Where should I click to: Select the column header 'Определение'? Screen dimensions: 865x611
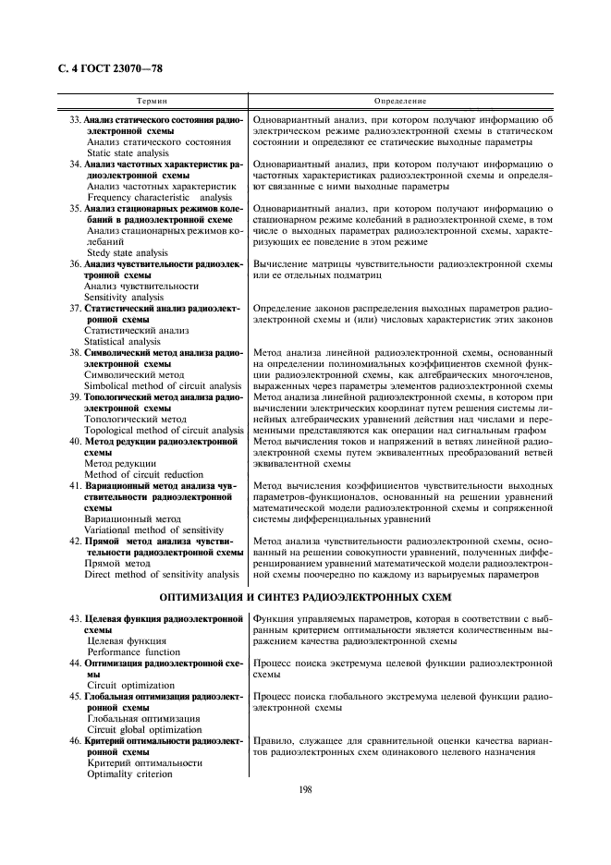399,99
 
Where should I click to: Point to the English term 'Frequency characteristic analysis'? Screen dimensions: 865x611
160,197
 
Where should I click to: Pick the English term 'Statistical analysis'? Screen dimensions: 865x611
122,341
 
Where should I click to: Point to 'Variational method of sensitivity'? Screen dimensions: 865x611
153,530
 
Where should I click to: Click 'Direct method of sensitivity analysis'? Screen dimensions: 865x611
161,574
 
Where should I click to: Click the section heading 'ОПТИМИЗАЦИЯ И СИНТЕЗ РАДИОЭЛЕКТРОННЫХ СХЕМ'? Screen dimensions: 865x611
306,597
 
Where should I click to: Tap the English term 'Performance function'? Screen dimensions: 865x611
134,652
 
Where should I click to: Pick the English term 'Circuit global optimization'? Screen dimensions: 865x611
144,729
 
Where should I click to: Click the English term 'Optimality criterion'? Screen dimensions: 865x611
129,774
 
